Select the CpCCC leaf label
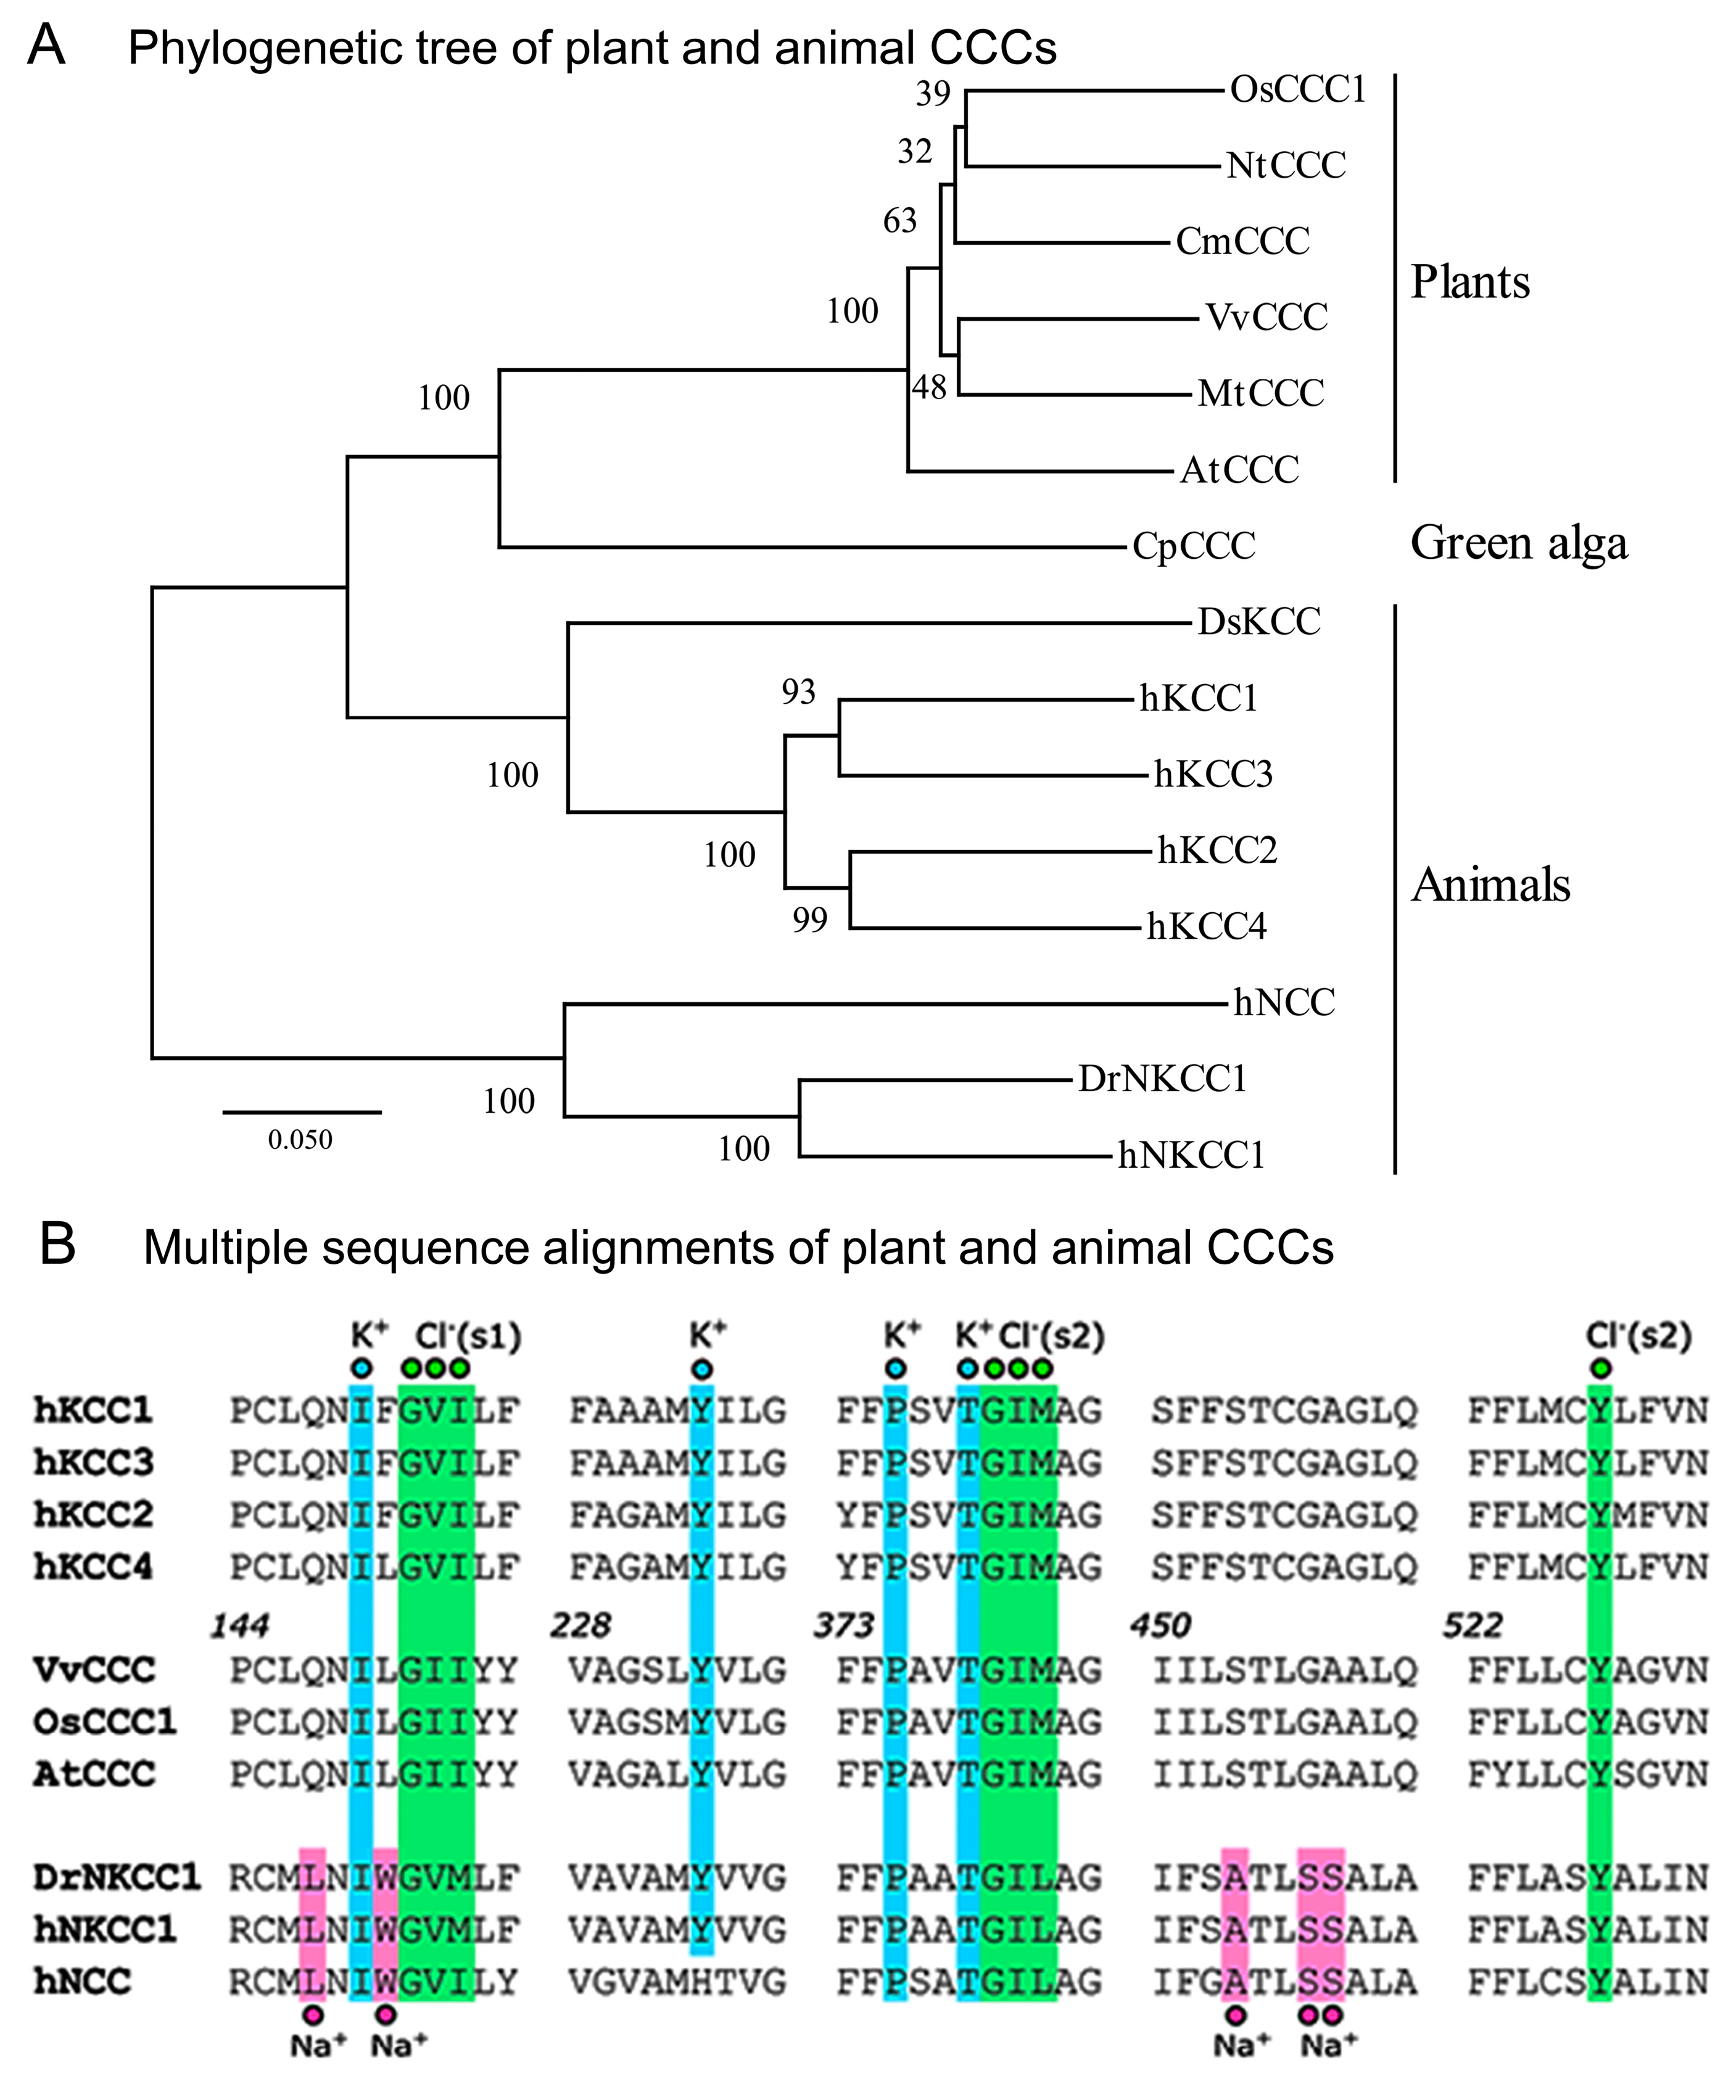tap(1194, 545)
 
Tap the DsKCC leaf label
tap(1258, 622)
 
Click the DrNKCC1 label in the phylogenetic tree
tap(1162, 1078)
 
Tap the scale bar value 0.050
tap(300, 1140)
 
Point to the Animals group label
tap(1490, 884)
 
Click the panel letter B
tap(58, 1245)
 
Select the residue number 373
tap(843, 1625)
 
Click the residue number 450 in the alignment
tap(1160, 1625)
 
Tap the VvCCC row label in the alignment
tap(94, 1668)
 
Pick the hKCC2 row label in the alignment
tap(94, 1514)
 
